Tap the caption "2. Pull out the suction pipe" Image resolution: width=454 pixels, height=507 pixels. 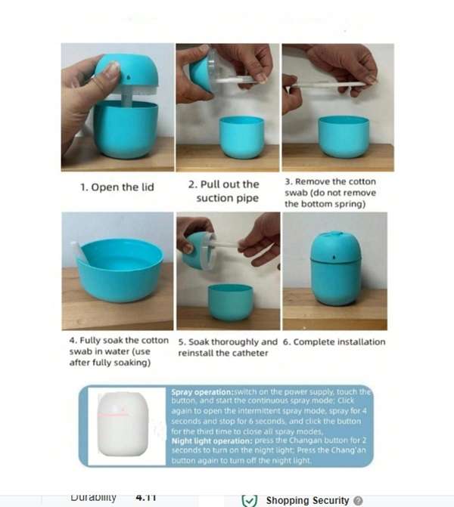(x=228, y=191)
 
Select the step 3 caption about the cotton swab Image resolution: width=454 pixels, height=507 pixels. (x=330, y=193)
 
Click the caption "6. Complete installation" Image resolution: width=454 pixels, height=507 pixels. (x=334, y=342)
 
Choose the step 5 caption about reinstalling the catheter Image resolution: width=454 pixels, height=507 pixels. (x=228, y=347)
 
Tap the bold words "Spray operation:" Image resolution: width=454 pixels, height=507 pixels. (x=202, y=391)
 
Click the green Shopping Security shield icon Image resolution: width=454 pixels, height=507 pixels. (x=249, y=500)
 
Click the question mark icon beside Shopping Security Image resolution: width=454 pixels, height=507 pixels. (x=358, y=500)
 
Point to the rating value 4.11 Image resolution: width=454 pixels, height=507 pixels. (x=145, y=497)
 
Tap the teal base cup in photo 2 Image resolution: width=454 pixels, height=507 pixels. (x=242, y=136)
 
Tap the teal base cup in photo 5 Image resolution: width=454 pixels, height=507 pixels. (x=230, y=301)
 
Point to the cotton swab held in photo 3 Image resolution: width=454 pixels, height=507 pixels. (x=329, y=84)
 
